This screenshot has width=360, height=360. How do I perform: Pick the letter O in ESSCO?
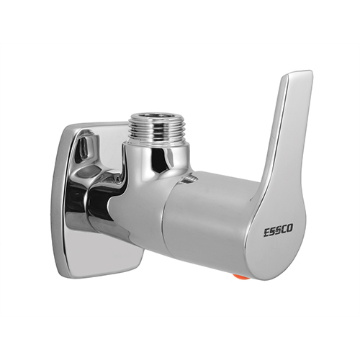tap(290, 229)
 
